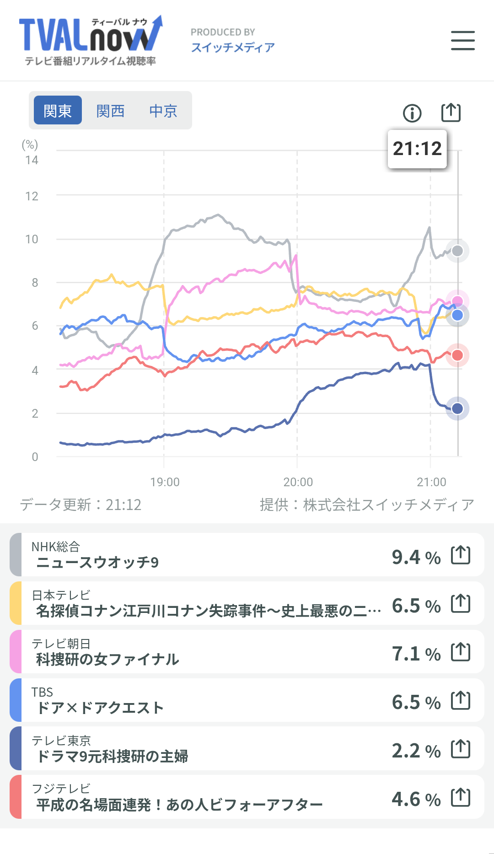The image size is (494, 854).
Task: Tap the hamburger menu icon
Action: (462, 40)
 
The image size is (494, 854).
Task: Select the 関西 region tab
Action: (110, 111)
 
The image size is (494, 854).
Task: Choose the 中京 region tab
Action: (163, 111)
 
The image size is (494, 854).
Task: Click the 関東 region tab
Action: (58, 111)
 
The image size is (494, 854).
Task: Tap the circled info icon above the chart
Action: (412, 113)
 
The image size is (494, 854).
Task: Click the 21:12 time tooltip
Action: (417, 149)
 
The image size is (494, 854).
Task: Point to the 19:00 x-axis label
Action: (165, 482)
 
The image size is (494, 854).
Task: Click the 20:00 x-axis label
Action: (298, 482)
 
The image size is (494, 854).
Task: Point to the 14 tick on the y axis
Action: (32, 160)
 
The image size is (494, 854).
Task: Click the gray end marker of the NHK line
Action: (457, 251)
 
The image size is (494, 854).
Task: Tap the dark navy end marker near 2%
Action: (457, 408)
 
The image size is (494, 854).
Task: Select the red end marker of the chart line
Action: (457, 355)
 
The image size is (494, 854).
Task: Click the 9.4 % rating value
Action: (416, 557)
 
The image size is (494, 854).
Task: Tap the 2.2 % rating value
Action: (416, 751)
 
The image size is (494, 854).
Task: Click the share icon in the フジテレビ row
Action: (461, 798)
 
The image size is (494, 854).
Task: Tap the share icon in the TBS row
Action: (461, 700)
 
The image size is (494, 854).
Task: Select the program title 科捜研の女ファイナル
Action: (107, 659)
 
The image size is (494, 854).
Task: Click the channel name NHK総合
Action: (56, 547)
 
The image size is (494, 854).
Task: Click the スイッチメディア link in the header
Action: (233, 47)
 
